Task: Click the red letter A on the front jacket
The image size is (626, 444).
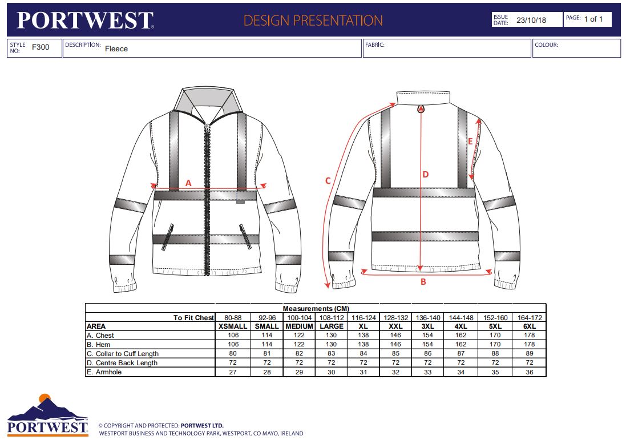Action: tap(188, 183)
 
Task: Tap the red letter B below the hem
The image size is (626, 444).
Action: tap(423, 281)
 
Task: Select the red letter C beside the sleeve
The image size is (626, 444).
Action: tap(328, 181)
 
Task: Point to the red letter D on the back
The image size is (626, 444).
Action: tap(426, 174)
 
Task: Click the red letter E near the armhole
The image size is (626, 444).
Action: tap(470, 142)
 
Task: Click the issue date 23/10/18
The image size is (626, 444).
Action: tap(531, 20)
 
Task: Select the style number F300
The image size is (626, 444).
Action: tap(41, 47)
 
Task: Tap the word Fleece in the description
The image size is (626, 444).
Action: tap(116, 49)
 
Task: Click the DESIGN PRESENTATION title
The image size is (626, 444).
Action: tap(313, 21)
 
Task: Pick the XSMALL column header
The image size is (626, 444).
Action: tap(233, 326)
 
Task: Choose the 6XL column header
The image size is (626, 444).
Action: tap(530, 326)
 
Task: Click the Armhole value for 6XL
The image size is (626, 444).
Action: tap(530, 372)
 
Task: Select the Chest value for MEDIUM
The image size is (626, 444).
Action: tap(299, 336)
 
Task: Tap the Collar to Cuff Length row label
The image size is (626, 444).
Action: tap(123, 354)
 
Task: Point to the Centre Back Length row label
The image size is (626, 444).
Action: tap(122, 363)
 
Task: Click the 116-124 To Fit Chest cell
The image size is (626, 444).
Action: tap(364, 318)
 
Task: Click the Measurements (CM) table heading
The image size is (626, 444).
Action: tap(316, 309)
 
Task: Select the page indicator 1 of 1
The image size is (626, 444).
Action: tap(593, 19)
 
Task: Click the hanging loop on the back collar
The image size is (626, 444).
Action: tap(421, 108)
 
